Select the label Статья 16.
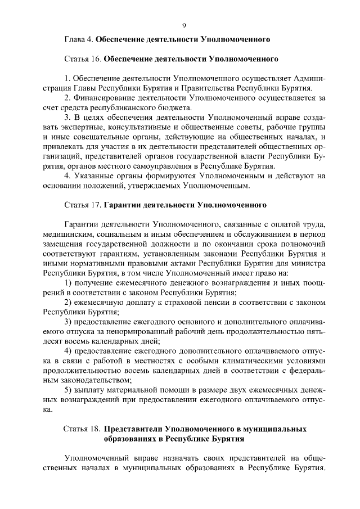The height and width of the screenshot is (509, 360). [82, 58]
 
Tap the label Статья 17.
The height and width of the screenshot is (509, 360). [82, 205]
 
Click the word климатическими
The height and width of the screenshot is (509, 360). [247, 361]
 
